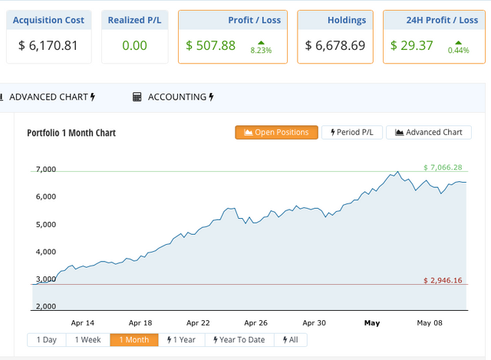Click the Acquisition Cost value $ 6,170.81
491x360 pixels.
(x=48, y=45)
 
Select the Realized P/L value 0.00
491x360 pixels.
(x=134, y=45)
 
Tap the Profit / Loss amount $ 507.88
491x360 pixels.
(x=211, y=45)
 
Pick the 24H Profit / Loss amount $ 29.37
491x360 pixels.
(x=412, y=45)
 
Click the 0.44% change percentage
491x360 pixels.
(x=458, y=50)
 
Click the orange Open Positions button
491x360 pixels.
(x=277, y=132)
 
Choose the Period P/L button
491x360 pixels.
(x=351, y=132)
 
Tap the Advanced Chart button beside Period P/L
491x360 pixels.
(x=429, y=132)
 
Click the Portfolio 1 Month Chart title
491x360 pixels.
(x=71, y=133)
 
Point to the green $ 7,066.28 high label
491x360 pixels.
(x=443, y=167)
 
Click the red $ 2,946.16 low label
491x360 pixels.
(x=443, y=281)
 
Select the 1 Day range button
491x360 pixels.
(x=46, y=339)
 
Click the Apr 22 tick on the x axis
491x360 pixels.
(x=198, y=323)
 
